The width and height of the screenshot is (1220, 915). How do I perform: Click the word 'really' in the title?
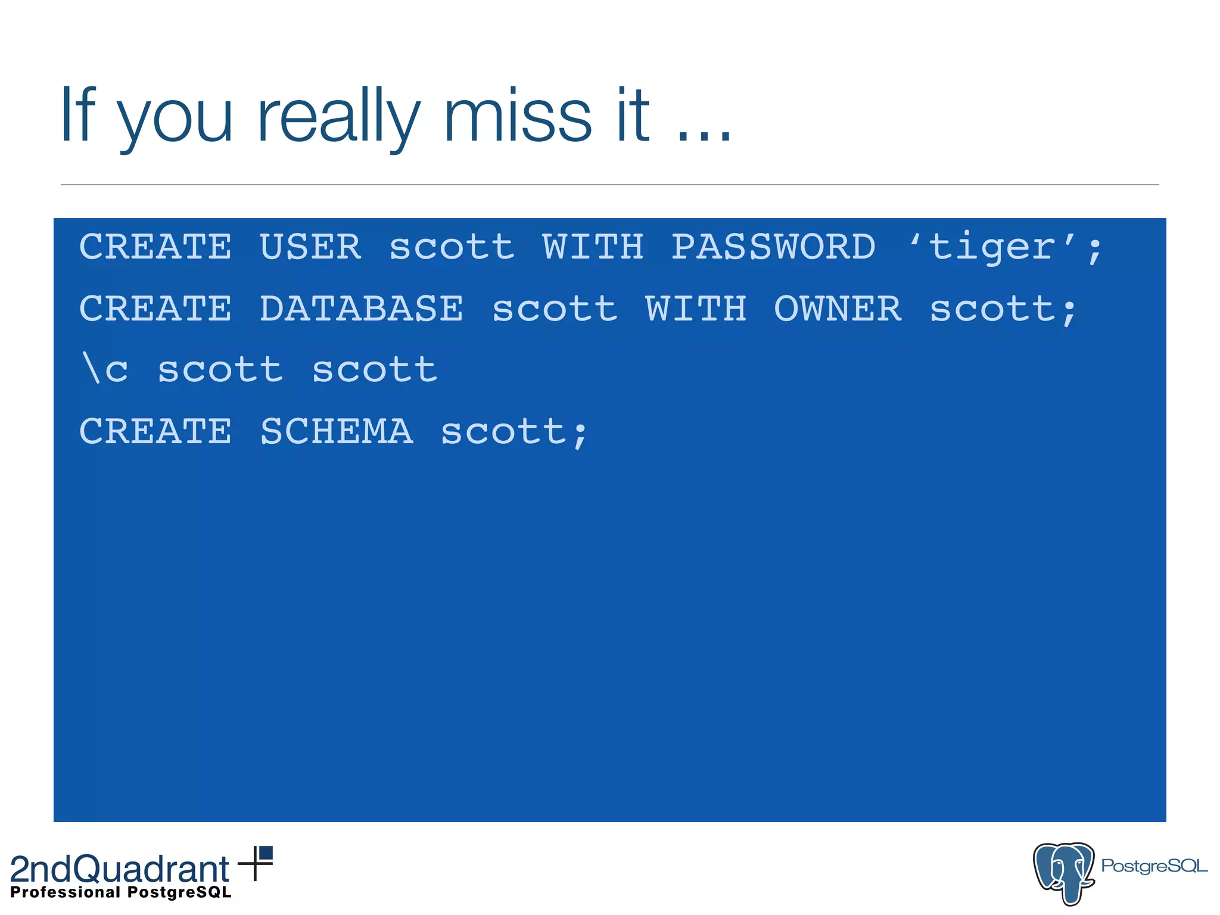click(x=338, y=116)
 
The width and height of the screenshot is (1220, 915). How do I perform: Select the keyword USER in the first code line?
click(x=310, y=247)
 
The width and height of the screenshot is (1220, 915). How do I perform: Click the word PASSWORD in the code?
click(x=773, y=247)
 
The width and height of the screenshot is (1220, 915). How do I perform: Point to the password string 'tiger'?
click(x=992, y=247)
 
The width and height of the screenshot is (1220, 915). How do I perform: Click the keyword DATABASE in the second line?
click(x=361, y=309)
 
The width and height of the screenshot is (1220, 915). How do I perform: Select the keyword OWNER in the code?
click(x=838, y=309)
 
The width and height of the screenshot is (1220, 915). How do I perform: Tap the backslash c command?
click(x=105, y=369)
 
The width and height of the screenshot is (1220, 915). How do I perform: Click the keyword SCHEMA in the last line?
click(x=337, y=431)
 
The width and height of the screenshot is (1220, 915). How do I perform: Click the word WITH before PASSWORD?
click(x=593, y=247)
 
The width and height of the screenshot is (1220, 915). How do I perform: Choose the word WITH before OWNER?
click(x=696, y=309)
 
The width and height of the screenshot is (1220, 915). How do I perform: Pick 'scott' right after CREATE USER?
click(x=452, y=247)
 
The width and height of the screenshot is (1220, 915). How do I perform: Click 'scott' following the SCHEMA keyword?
click(x=503, y=431)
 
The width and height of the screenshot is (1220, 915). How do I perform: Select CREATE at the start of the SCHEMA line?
click(x=155, y=431)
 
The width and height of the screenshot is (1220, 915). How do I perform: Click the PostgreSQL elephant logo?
click(x=1064, y=872)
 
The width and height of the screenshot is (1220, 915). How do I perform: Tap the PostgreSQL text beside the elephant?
click(x=1153, y=866)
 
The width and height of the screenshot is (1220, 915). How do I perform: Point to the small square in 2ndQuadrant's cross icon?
click(x=266, y=853)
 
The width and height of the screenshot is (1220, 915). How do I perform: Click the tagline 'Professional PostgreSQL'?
click(x=121, y=892)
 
